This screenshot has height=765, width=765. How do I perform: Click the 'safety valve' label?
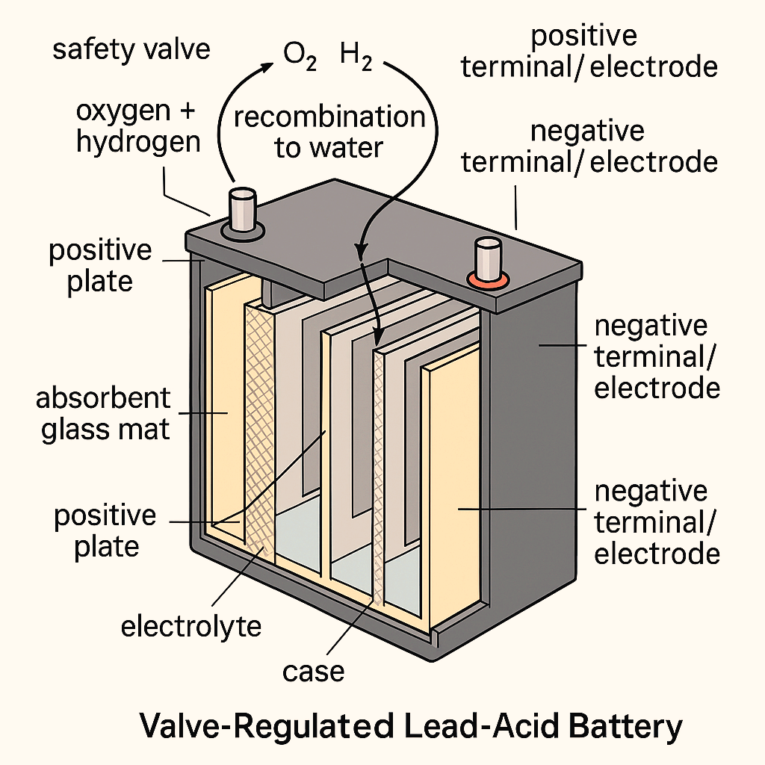click(x=131, y=50)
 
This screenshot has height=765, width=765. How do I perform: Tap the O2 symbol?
click(x=298, y=57)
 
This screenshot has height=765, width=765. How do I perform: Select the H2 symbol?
click(x=356, y=57)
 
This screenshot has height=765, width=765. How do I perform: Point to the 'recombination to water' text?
click(x=329, y=131)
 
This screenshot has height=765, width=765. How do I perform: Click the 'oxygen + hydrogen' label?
click(x=139, y=126)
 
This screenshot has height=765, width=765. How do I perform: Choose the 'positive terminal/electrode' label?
click(x=589, y=52)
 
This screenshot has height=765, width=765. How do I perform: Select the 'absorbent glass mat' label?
click(x=104, y=413)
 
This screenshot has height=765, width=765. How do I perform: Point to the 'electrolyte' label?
click(x=191, y=625)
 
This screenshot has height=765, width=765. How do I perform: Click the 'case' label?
click(x=314, y=670)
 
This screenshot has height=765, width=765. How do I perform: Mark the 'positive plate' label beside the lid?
click(x=100, y=266)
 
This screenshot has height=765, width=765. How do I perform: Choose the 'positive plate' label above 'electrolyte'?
click(x=105, y=530)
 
